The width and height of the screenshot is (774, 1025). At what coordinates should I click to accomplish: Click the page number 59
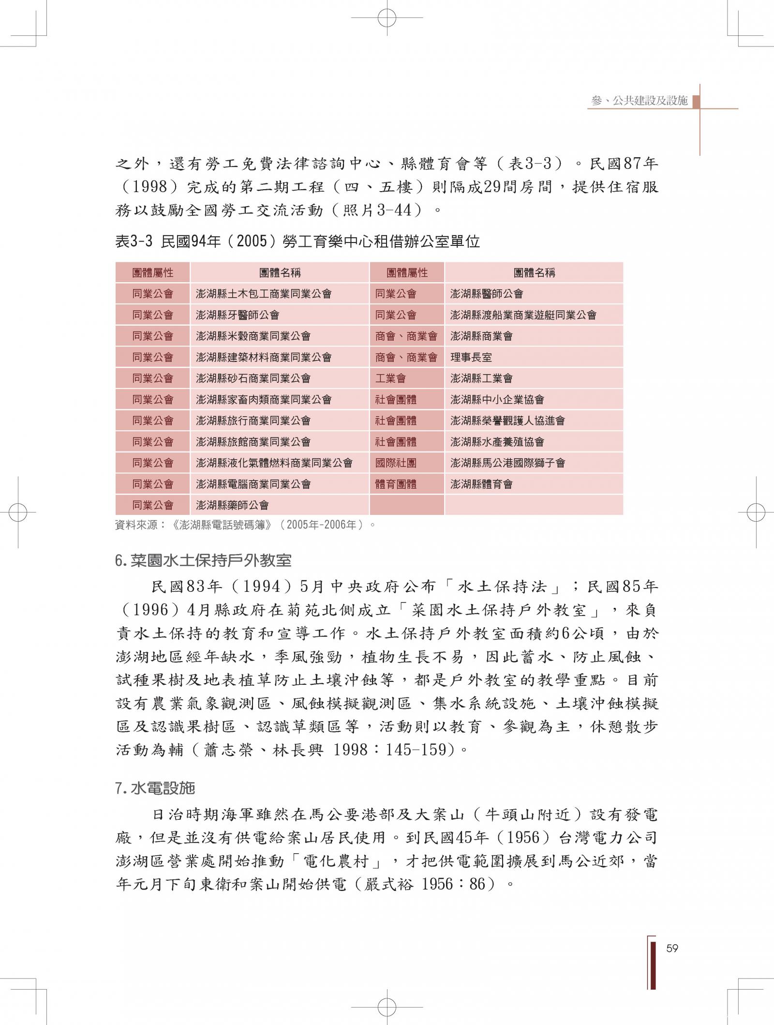click(x=672, y=948)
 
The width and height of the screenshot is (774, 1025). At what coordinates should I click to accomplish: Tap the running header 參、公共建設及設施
click(x=639, y=101)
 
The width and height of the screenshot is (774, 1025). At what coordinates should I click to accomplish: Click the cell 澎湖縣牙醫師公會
click(x=238, y=315)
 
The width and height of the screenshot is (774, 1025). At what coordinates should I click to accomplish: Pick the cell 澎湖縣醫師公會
click(x=486, y=294)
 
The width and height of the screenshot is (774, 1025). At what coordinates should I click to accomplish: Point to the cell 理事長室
click(x=471, y=357)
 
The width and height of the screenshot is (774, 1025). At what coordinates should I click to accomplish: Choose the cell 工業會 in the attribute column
click(x=390, y=378)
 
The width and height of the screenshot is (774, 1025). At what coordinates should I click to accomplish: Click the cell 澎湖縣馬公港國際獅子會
click(x=507, y=463)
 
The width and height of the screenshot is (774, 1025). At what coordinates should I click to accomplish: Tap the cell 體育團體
click(x=396, y=484)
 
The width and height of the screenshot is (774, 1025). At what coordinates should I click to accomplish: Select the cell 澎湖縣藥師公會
click(x=232, y=505)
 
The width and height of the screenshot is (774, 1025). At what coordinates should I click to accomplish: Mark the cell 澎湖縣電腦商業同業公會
click(x=253, y=484)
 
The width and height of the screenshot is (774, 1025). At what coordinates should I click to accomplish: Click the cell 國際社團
click(x=396, y=463)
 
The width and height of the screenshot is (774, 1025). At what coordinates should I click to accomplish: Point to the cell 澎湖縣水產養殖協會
click(x=497, y=442)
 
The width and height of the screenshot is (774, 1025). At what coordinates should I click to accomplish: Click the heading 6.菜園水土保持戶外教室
click(x=203, y=560)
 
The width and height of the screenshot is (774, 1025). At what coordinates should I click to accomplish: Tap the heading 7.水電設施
click(x=155, y=788)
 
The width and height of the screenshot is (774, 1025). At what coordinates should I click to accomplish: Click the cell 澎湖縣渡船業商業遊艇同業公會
click(x=523, y=315)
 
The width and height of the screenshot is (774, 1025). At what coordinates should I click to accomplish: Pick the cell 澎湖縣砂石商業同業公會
click(x=253, y=378)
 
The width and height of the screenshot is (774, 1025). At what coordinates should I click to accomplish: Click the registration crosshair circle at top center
click(x=387, y=18)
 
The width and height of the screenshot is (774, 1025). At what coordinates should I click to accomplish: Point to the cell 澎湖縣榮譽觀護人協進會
click(x=507, y=421)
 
